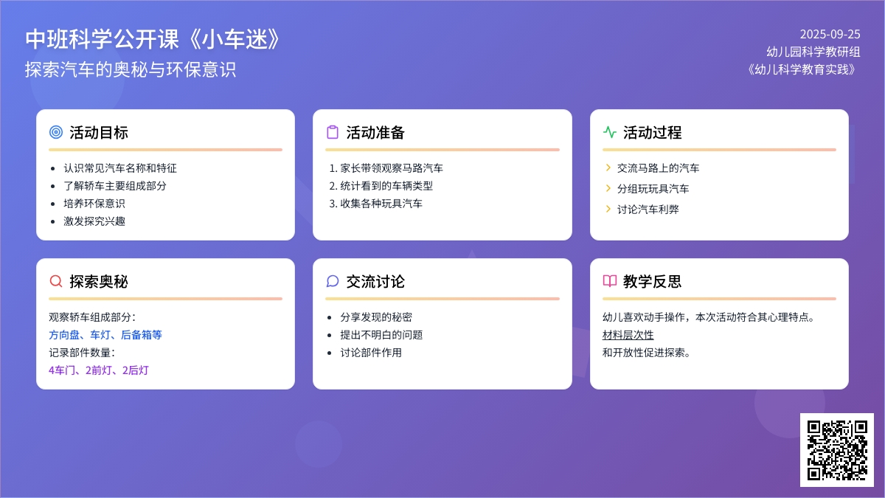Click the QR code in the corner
837,450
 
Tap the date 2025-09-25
830,35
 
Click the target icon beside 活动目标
56,132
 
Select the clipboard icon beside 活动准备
333,132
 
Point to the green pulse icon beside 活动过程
610,132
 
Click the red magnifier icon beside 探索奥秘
56,281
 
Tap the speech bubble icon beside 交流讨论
333,281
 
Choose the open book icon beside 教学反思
610,281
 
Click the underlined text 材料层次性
628,335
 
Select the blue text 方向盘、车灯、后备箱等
105,335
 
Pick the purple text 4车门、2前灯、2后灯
98,370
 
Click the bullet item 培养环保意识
94,204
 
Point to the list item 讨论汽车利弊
648,210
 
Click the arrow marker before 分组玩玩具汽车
608,188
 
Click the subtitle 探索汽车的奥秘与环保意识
131,69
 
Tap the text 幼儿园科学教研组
813,52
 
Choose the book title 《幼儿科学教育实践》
802,69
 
